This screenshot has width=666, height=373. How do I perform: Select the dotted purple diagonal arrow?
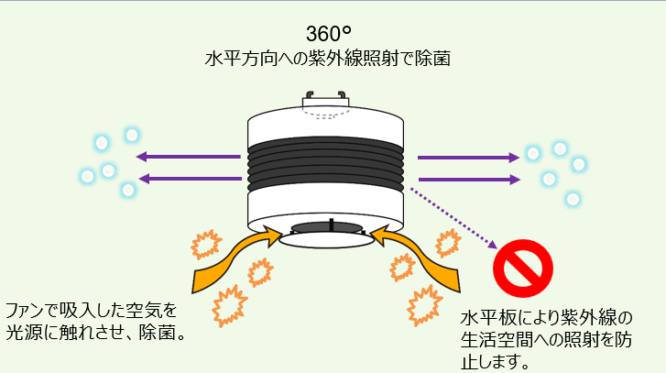point(453,218)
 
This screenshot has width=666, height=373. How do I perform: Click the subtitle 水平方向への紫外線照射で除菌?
point(328,58)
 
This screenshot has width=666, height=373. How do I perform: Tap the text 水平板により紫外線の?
point(547,318)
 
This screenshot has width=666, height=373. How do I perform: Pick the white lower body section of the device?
point(326,203)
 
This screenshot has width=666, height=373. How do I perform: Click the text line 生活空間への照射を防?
point(547,339)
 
